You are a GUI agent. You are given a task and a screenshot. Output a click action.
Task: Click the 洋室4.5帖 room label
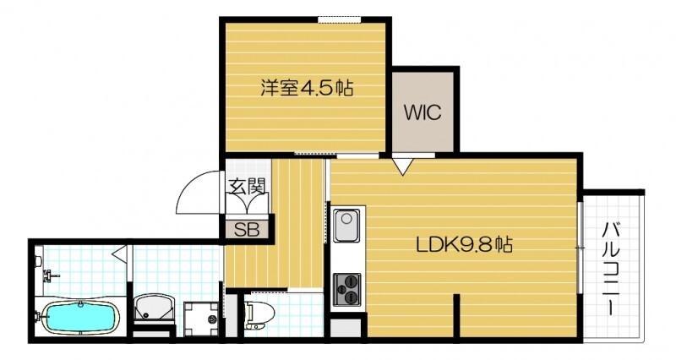coord(307,86)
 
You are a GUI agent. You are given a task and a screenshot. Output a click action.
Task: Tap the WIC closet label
coord(422,113)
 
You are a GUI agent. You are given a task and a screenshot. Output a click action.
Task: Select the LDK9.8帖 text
coord(464,246)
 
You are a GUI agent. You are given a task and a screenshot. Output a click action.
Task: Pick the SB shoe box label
coord(246,228)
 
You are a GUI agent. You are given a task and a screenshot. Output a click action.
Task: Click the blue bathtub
coord(79,317)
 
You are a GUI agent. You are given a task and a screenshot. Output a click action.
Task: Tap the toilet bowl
coord(258,313)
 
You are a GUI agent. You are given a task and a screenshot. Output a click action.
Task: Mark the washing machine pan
coord(201,316)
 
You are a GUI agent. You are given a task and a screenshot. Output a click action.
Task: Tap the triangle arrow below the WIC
coord(403,166)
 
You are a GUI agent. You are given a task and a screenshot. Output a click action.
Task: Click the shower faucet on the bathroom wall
coord(50,275)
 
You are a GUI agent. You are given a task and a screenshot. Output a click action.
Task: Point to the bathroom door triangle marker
coord(121,252)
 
